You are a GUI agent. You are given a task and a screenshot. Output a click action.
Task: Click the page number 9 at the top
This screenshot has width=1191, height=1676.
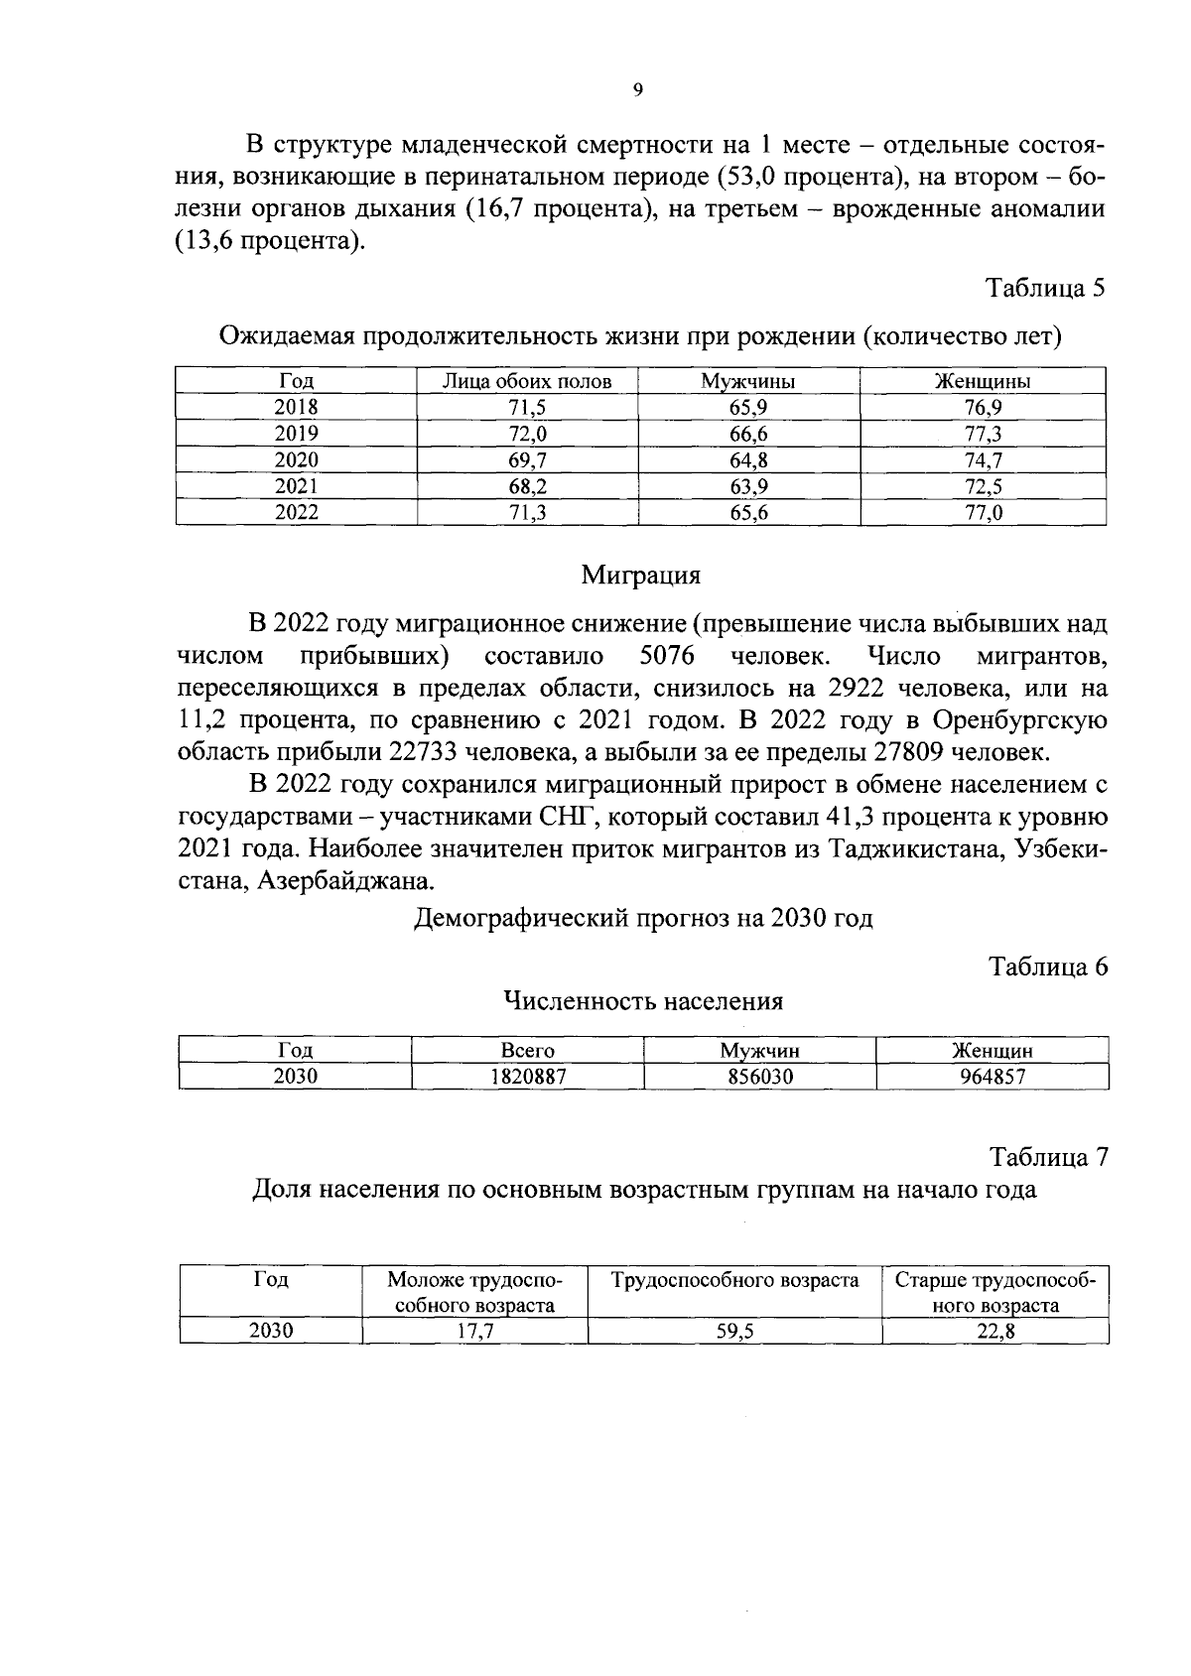(x=637, y=90)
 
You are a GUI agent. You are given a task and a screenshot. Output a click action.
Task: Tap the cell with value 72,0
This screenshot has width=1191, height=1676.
(x=527, y=434)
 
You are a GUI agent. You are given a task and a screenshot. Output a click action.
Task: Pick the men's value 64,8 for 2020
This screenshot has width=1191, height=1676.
(x=748, y=459)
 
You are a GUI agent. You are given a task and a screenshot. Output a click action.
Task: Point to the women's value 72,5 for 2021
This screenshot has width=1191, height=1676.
(x=983, y=486)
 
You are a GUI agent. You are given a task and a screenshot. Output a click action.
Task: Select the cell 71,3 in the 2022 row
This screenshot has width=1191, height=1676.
(x=527, y=513)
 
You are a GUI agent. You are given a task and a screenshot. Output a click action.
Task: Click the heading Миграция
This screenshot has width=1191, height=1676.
(x=641, y=575)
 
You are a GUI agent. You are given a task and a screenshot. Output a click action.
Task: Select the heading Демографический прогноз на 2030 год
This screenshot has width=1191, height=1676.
(x=642, y=918)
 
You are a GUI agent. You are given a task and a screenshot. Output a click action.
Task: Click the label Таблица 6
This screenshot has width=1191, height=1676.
(x=1048, y=967)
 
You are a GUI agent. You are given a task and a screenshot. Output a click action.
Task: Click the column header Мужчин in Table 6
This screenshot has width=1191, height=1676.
(x=759, y=1051)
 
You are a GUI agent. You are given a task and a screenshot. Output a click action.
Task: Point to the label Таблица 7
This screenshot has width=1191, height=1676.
(x=1048, y=1157)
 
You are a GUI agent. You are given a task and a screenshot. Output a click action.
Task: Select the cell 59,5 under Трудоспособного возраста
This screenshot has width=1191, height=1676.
(x=734, y=1333)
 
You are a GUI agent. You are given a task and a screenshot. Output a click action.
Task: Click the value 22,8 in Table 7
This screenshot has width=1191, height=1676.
(x=995, y=1333)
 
